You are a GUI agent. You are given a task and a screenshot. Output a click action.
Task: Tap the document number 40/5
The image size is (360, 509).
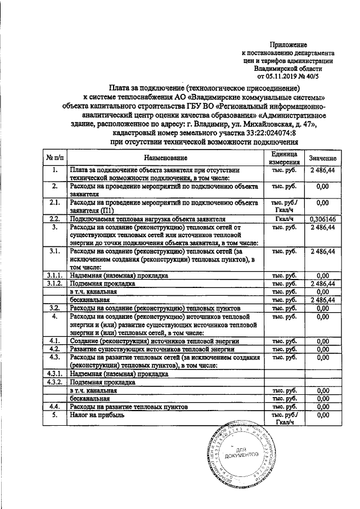(x=326, y=76)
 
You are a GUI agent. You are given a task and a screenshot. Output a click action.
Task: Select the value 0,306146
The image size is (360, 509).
(x=322, y=219)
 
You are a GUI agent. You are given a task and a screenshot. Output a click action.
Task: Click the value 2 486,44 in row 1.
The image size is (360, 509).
(x=322, y=170)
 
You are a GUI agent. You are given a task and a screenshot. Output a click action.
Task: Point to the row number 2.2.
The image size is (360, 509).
(x=55, y=219)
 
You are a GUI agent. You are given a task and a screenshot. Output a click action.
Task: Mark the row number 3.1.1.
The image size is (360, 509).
(x=55, y=276)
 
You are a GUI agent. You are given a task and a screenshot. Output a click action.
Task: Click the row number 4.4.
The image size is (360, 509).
(x=55, y=406)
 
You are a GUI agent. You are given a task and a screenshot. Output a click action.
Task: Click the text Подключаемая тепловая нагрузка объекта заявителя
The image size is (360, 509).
(x=147, y=219)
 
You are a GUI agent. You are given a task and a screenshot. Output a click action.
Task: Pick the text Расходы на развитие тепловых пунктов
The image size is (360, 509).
(x=133, y=406)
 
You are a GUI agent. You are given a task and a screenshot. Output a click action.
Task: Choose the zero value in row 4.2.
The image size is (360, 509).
(x=322, y=349)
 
